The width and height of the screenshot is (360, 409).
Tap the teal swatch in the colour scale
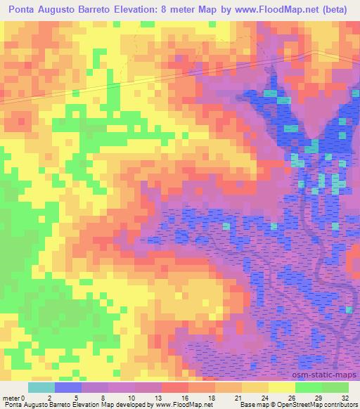(41, 387)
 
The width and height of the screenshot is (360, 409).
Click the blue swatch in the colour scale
(68, 387)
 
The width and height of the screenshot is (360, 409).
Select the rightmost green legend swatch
(335, 387)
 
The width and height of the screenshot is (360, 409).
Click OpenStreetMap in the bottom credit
(302, 404)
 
